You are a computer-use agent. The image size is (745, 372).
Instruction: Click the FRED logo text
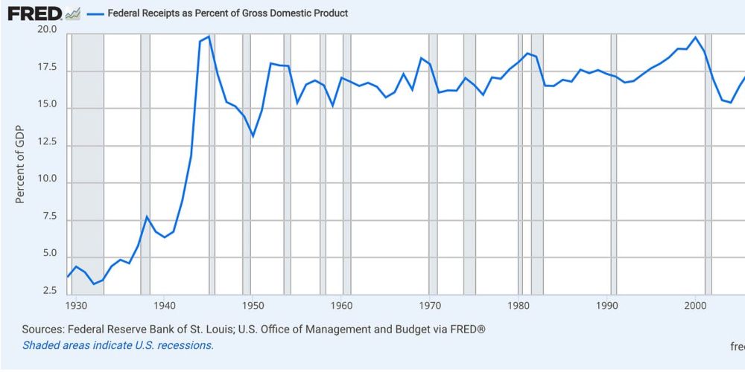click(x=34, y=13)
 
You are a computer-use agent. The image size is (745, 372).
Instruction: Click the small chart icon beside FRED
click(x=73, y=13)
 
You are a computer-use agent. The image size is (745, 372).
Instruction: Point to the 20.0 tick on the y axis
click(x=47, y=30)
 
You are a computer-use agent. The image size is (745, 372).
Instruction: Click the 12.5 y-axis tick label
click(x=47, y=147)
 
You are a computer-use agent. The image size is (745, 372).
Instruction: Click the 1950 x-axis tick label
click(x=253, y=305)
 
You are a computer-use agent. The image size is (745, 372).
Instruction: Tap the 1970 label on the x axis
click(x=430, y=305)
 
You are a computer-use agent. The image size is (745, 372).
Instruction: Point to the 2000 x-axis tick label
click(x=695, y=305)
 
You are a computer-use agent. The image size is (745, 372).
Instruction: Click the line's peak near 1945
click(x=209, y=36)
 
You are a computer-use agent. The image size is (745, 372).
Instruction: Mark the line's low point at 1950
click(x=253, y=136)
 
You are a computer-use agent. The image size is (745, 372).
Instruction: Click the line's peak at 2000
click(x=695, y=37)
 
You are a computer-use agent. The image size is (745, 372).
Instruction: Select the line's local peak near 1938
click(x=147, y=217)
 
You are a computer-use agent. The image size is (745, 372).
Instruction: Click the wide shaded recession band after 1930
click(x=87, y=164)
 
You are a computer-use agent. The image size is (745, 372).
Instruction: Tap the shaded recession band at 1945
click(x=212, y=164)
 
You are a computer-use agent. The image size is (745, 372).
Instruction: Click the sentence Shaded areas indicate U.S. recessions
click(x=118, y=345)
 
